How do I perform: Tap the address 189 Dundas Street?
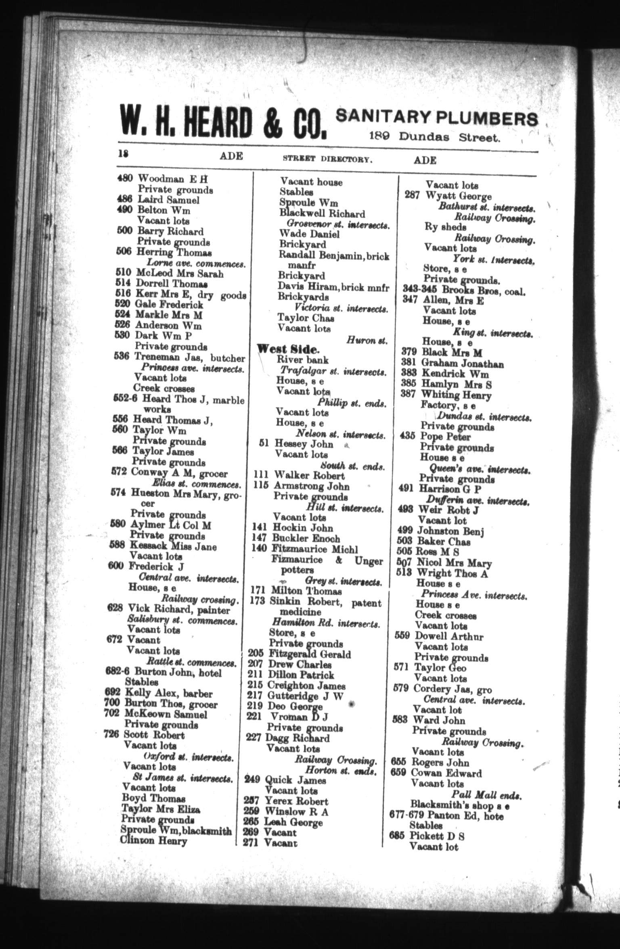click(435, 137)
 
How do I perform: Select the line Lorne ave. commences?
click(191, 264)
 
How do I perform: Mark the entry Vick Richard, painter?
click(178, 610)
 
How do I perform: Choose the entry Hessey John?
click(304, 444)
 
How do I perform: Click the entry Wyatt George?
click(459, 196)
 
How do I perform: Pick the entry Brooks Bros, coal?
click(484, 290)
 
